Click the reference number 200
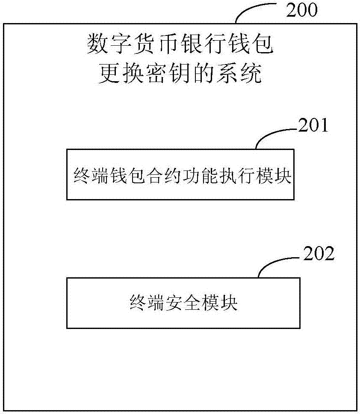pos(302,10)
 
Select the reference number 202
pos(318,255)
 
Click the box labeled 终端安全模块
pos(183,303)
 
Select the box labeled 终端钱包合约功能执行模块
pos(180,174)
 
